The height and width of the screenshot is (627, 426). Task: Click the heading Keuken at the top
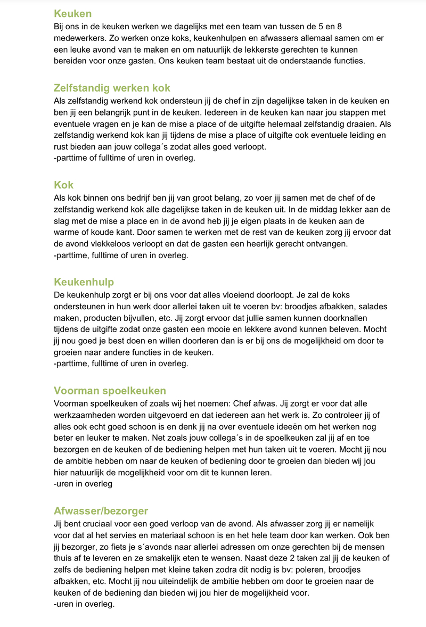point(72,14)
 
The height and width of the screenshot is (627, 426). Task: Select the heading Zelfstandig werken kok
point(112,88)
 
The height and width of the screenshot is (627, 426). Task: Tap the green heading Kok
point(63,185)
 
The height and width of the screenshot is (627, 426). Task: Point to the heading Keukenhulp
point(84,282)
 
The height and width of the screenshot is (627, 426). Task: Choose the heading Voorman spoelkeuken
point(110,391)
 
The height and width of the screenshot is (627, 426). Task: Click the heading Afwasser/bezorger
point(101,511)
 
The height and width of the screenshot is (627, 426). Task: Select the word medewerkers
point(80,38)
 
